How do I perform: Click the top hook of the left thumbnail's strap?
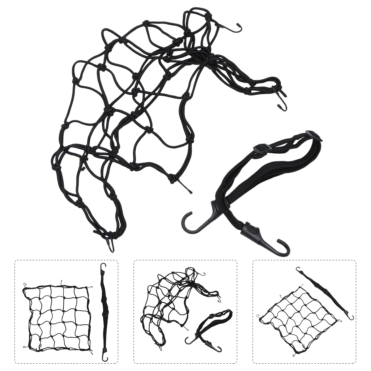pos(103,267)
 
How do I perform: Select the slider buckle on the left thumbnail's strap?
pos(104,315)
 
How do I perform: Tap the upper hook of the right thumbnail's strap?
pos(299,270)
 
